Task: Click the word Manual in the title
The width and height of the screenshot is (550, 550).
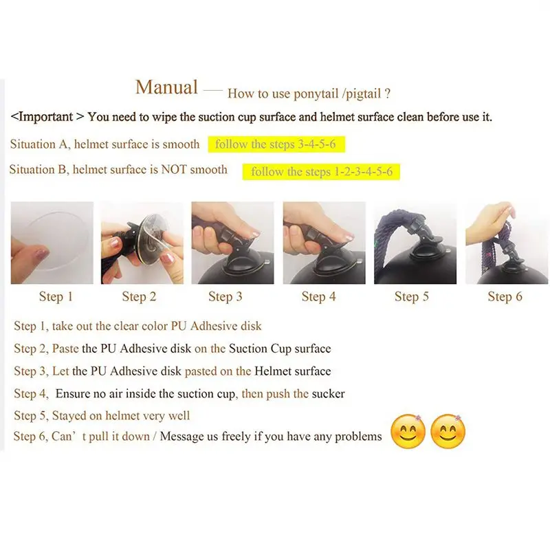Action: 166,87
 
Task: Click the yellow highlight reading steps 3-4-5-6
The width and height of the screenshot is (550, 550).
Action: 276,144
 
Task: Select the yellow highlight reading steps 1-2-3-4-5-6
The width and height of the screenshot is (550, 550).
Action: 321,171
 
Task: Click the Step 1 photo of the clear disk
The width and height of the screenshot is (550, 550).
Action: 52,243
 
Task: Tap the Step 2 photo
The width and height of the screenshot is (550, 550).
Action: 142,243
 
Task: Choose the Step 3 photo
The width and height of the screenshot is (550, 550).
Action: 232,243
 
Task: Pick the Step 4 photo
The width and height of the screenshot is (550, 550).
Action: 324,243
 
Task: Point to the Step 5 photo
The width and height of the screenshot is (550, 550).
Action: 415,243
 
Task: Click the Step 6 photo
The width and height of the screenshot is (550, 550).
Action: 507,243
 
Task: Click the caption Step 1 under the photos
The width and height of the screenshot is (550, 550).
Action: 56,297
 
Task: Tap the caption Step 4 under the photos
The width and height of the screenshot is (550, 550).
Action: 318,297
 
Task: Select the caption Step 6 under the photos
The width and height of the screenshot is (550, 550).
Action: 505,297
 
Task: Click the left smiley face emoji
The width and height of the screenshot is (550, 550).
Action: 408,432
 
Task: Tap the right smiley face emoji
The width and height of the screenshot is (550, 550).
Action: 448,432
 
